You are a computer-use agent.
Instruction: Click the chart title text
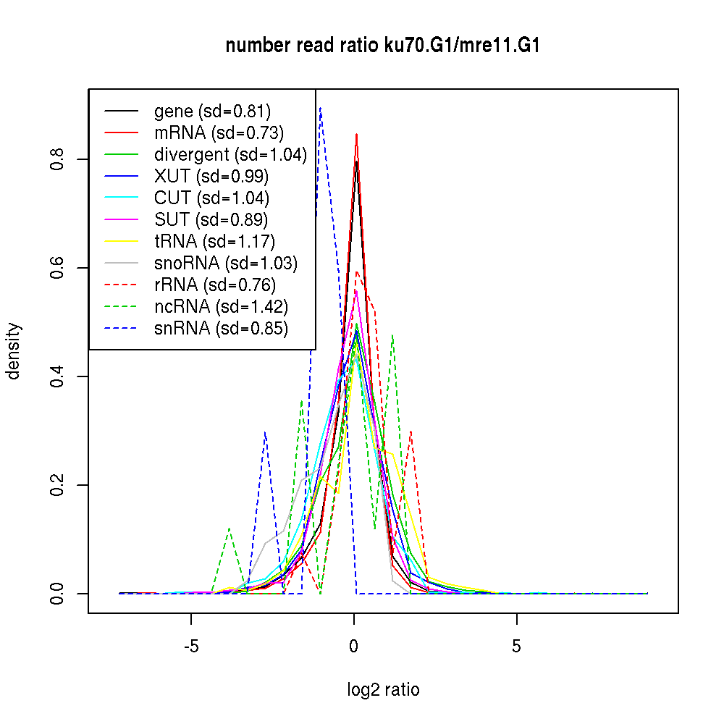tap(382, 46)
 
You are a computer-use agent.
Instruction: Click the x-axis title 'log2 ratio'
tap(383, 690)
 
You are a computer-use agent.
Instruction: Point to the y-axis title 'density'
tap(14, 350)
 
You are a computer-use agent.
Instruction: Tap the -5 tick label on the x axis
tap(191, 647)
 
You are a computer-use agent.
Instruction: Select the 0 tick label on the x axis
tap(354, 647)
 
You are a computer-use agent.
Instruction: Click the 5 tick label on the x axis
tap(516, 647)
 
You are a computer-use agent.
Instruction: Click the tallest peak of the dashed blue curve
tap(320, 108)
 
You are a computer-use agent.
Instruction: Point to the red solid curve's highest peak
tap(357, 134)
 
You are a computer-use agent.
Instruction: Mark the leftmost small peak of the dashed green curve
tap(230, 529)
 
